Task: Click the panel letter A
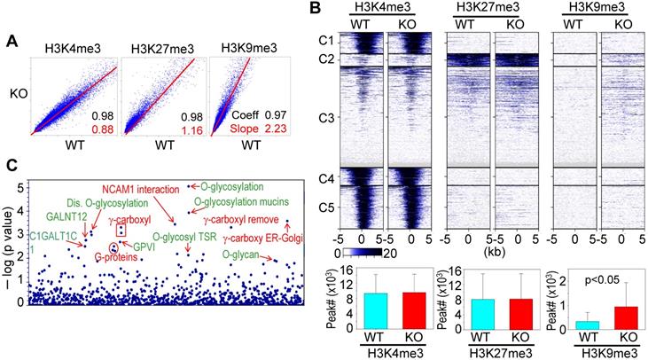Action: click(x=12, y=40)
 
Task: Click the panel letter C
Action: click(x=12, y=165)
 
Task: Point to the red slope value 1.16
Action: click(x=191, y=129)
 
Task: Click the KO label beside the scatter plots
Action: click(x=18, y=91)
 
